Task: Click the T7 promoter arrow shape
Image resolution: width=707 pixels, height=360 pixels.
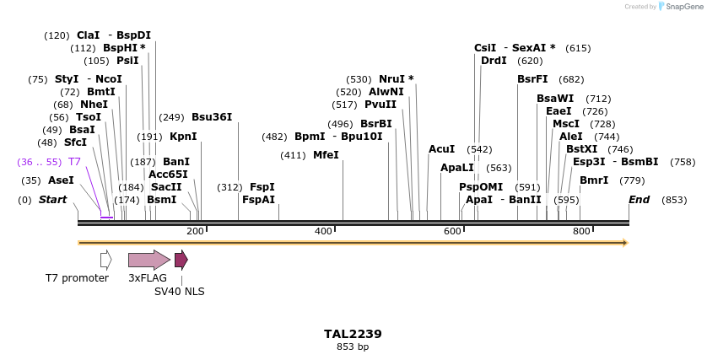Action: (x=105, y=260)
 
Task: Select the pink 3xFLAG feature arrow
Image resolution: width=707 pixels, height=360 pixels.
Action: (x=148, y=260)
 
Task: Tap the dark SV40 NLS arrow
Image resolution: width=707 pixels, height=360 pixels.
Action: (x=181, y=260)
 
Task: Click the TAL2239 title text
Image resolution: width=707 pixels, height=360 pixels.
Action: (x=353, y=334)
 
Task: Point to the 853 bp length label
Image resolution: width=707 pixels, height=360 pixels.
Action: (x=353, y=347)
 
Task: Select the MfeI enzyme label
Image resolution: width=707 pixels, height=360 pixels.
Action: (x=326, y=155)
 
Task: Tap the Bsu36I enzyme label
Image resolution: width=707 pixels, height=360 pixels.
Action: (x=212, y=117)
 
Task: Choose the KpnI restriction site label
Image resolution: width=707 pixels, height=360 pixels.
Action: (x=183, y=137)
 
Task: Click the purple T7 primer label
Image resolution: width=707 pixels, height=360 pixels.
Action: (x=74, y=162)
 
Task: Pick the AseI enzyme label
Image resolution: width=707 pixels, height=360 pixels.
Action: (x=61, y=180)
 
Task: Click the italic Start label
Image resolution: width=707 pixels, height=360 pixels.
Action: (x=52, y=200)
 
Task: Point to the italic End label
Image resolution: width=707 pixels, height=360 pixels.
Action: (x=640, y=200)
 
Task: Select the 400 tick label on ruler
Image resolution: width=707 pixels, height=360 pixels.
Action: (x=323, y=231)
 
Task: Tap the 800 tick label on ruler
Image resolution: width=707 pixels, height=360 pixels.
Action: (x=581, y=231)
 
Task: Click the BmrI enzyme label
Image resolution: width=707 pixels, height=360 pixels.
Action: (x=594, y=180)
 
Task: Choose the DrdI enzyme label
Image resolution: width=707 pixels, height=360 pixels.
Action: (x=494, y=61)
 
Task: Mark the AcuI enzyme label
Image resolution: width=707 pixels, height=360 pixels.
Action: (x=441, y=149)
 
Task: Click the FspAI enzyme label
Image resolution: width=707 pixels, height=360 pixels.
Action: (x=259, y=200)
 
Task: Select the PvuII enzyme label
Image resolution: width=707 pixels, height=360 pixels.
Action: (x=380, y=105)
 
